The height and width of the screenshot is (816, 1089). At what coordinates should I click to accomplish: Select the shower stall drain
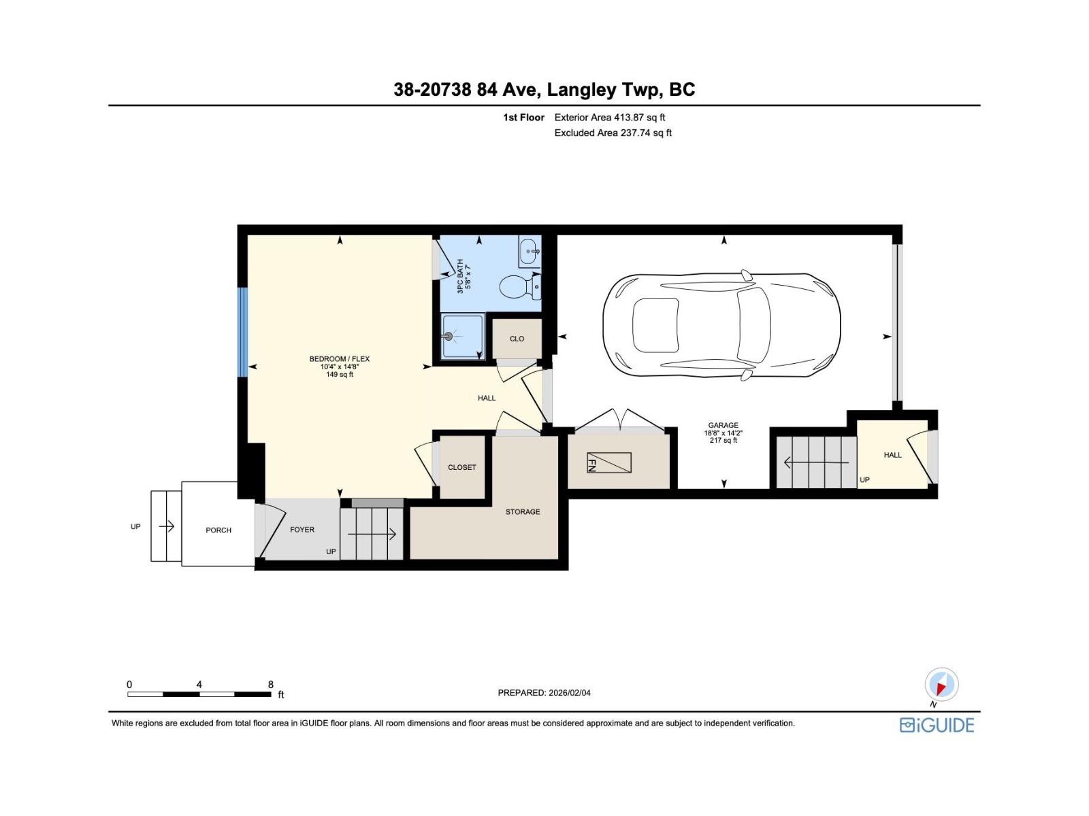coord(448,336)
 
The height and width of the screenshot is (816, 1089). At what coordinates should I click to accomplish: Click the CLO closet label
coord(517,339)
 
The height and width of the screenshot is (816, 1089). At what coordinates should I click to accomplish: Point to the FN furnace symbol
coord(608,463)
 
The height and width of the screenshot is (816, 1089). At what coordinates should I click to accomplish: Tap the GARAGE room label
coord(723,426)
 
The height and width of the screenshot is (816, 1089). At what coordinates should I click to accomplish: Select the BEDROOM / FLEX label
coord(339,359)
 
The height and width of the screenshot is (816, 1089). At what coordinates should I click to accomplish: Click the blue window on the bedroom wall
coord(242,332)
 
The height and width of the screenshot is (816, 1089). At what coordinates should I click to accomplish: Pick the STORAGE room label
coord(523,512)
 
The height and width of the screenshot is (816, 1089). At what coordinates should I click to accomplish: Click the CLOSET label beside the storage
coord(461,467)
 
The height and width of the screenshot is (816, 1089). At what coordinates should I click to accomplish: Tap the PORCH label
coord(218,530)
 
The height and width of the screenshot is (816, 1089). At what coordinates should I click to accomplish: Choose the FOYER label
coord(302,530)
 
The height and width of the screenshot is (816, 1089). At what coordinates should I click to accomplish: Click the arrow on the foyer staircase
coord(372,534)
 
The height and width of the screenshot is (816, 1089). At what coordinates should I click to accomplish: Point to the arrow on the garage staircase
coord(816,463)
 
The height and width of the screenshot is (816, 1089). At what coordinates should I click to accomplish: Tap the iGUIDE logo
coord(937,725)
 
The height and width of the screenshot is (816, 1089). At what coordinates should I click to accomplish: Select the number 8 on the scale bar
coord(271,685)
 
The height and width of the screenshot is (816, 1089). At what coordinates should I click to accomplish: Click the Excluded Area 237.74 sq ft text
coord(613,133)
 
